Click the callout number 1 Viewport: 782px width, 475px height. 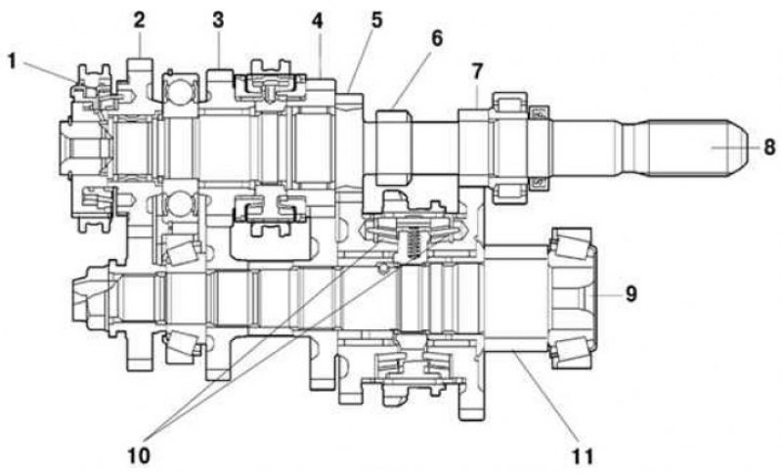tap(12, 62)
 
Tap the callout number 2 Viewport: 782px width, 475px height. tap(139, 20)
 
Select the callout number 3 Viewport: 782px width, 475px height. tap(218, 21)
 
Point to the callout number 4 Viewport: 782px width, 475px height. tap(317, 21)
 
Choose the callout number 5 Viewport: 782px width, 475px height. tap(376, 21)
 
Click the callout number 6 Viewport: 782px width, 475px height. tap(436, 38)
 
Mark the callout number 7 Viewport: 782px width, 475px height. tap(477, 71)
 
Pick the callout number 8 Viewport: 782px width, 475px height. tap(769, 148)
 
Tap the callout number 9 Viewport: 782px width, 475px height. tap(630, 293)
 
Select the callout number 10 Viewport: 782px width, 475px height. tap(139, 455)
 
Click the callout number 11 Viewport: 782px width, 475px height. tap(583, 456)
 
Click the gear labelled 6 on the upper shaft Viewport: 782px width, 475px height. tap(394, 148)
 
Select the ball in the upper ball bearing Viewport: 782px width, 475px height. tap(180, 90)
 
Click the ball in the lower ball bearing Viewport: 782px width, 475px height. tap(180, 205)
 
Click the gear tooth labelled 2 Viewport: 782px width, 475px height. tap(140, 68)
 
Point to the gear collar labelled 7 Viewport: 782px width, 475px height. tap(474, 148)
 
